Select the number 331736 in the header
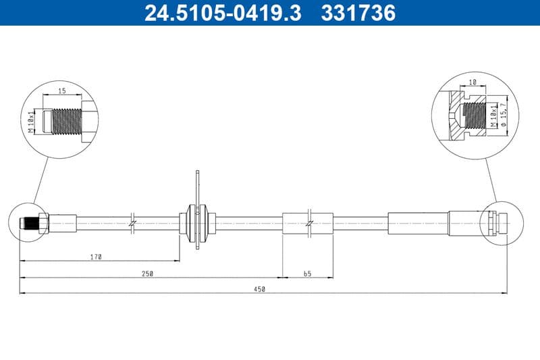[x=360, y=13]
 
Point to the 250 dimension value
[x=148, y=274]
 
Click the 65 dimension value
[x=307, y=274]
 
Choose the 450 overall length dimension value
[x=260, y=289]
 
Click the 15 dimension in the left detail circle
[x=61, y=90]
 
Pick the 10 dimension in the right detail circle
[x=473, y=82]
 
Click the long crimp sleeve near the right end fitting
[x=418, y=222]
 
